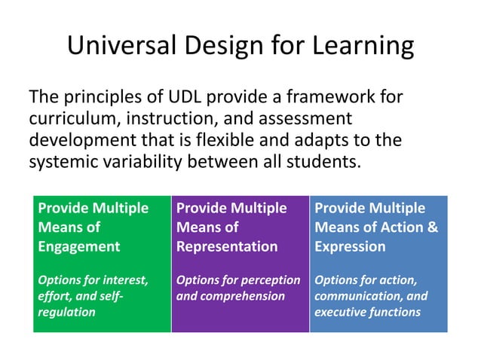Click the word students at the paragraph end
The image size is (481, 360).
tap(320, 162)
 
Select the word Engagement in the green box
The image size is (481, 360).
tap(79, 246)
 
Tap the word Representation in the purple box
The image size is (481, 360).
tap(227, 246)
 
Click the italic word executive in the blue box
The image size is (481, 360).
tap(340, 312)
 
